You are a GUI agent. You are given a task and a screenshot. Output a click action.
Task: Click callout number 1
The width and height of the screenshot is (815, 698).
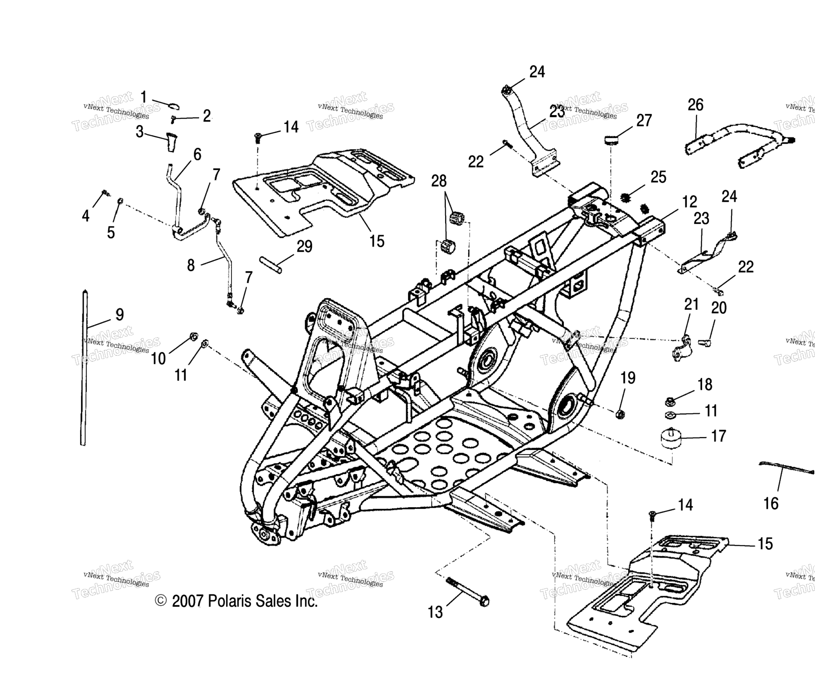(x=143, y=97)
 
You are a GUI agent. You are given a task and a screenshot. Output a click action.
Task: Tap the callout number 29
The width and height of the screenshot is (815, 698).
(x=304, y=247)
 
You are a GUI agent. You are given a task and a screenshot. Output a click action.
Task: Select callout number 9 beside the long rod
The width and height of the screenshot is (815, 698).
(x=120, y=314)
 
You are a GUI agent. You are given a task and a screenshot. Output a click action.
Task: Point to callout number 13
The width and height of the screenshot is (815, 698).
(x=435, y=612)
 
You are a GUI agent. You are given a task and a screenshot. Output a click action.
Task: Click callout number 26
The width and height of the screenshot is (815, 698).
(x=695, y=105)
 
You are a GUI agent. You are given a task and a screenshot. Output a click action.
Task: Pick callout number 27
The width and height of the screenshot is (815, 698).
(x=644, y=120)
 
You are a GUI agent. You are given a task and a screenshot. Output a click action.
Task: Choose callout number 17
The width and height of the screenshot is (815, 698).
(x=718, y=436)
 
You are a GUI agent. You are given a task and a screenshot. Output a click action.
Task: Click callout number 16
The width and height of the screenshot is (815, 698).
(x=771, y=504)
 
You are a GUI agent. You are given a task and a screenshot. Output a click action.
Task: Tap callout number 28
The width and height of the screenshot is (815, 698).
(x=439, y=181)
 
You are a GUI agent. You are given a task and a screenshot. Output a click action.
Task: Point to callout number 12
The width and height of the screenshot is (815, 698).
(x=689, y=202)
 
